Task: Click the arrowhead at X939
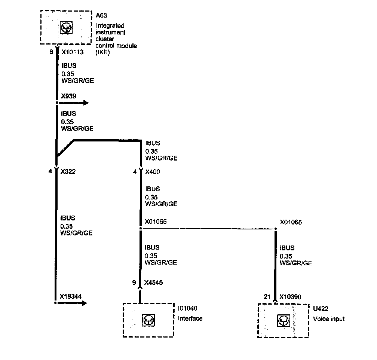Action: [x=86, y=103]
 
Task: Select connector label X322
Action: [x=67, y=172]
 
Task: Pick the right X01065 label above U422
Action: [x=291, y=222]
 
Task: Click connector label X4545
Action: [x=153, y=283]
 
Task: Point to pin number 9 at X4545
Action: [x=134, y=283]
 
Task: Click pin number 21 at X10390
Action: [x=267, y=297]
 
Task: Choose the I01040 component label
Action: [x=188, y=308]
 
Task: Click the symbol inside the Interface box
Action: [x=148, y=320]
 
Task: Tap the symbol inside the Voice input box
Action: [x=283, y=321]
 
